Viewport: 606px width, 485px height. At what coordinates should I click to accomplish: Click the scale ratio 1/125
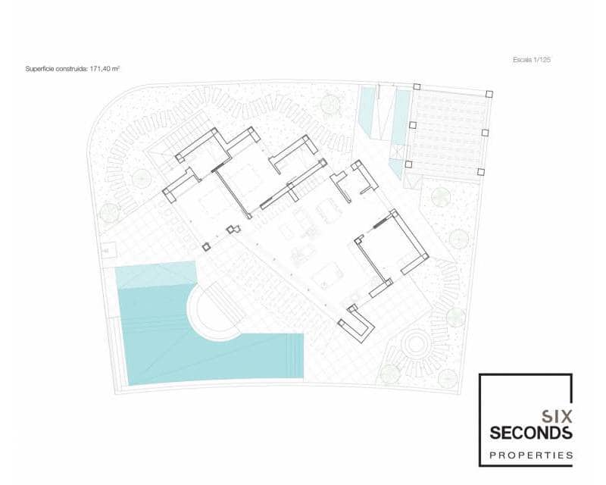click(x=540, y=59)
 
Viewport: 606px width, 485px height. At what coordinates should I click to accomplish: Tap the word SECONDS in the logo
click(x=530, y=433)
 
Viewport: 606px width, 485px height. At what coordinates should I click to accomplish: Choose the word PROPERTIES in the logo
click(x=530, y=455)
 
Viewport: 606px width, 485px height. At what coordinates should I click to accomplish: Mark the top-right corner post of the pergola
click(x=489, y=95)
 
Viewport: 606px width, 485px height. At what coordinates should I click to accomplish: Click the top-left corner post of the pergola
click(x=416, y=87)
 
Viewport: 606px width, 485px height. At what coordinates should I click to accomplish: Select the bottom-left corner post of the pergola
click(x=408, y=163)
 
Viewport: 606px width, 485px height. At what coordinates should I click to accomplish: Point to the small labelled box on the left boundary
click(x=106, y=249)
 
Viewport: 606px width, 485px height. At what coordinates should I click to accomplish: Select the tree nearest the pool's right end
click(x=389, y=372)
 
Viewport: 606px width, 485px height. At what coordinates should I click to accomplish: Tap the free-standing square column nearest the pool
click(x=205, y=246)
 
